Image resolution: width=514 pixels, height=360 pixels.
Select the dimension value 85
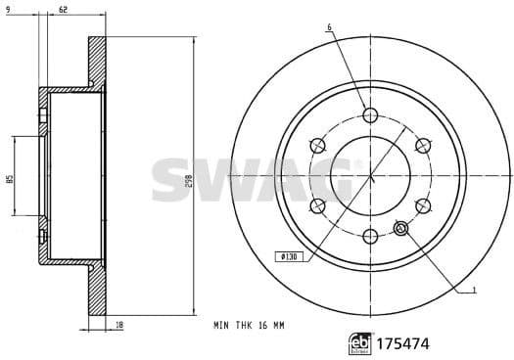point(8,179)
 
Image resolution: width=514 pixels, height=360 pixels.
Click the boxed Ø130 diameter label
point(290,256)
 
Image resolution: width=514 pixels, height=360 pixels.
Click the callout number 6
point(329,26)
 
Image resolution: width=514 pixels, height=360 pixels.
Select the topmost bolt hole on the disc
point(369,115)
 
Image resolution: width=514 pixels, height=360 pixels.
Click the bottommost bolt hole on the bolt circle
point(369,236)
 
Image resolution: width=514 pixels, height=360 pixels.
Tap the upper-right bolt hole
point(422,146)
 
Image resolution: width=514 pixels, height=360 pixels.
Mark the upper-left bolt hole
point(317,146)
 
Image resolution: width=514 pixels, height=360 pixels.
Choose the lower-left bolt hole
point(317,205)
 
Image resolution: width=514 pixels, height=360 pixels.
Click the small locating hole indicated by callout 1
point(399,229)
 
